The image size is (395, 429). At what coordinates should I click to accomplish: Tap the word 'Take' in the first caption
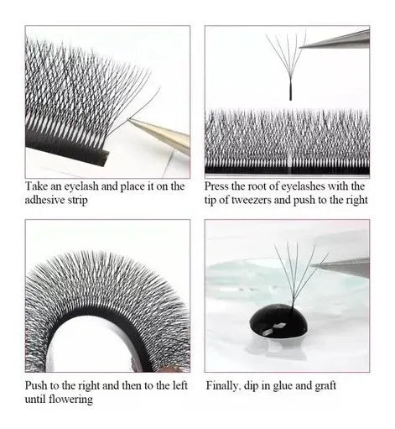point(35,186)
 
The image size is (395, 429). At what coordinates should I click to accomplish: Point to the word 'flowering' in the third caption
point(70,399)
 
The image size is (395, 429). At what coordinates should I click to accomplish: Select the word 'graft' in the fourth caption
point(325,386)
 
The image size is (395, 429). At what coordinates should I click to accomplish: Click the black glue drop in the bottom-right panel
point(278,323)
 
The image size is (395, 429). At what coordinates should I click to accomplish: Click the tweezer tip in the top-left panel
point(129,119)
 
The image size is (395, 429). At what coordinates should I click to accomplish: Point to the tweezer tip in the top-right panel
point(300,48)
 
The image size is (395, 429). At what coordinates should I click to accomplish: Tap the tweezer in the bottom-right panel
point(340,266)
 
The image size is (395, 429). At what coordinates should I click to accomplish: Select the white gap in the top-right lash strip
point(291,162)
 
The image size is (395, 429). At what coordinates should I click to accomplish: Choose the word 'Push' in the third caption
point(36,385)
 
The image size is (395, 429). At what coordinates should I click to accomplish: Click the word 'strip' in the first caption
point(77,201)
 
